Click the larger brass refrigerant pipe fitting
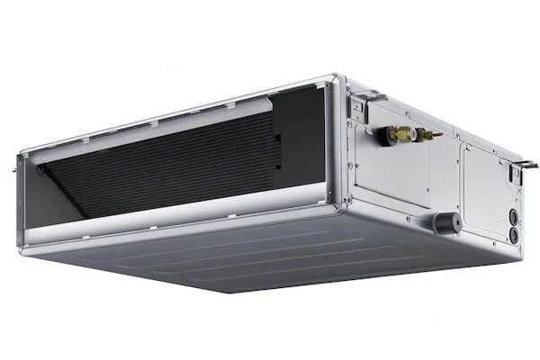tap(401, 134)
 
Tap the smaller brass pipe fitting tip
tap(437, 137)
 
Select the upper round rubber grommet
tap(513, 216)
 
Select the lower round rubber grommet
tap(514, 234)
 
